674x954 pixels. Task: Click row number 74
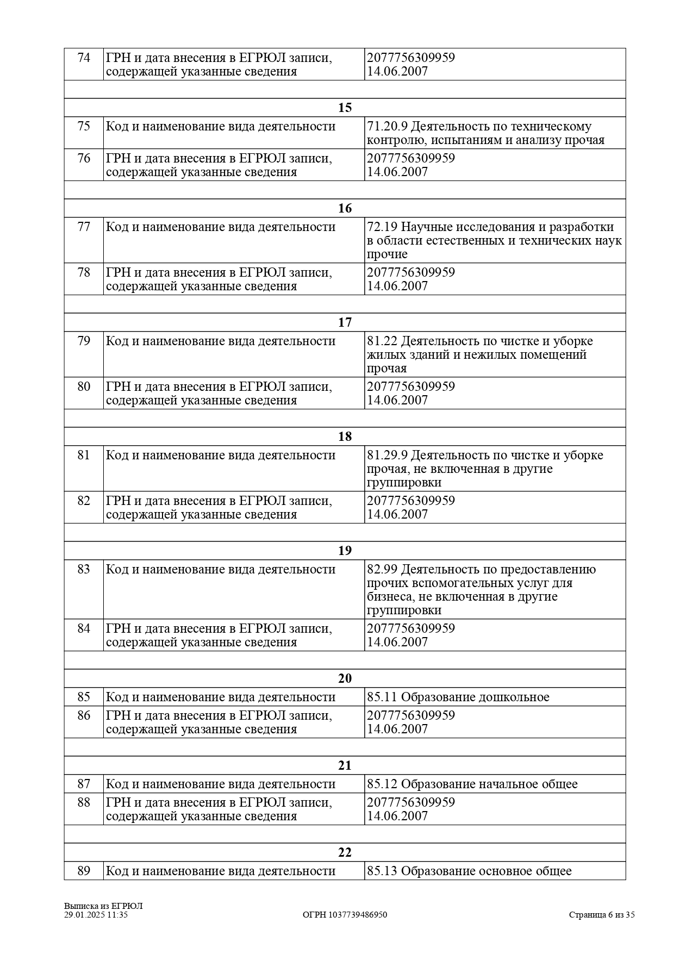pyautogui.click(x=84, y=58)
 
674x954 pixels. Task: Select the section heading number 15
pyautogui.click(x=345, y=108)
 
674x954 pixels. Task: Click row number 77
pyautogui.click(x=84, y=227)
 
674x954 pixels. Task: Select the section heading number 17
pyautogui.click(x=345, y=322)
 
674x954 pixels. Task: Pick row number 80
pyautogui.click(x=84, y=387)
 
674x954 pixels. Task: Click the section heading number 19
pyautogui.click(x=345, y=551)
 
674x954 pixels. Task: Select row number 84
pyautogui.click(x=84, y=629)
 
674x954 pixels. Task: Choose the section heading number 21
pyautogui.click(x=345, y=765)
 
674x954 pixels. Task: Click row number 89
pyautogui.click(x=84, y=871)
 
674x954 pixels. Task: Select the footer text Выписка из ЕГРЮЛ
pyautogui.click(x=103, y=906)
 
